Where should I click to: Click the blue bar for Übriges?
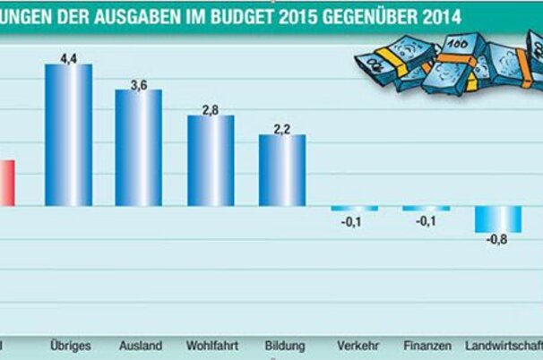[x=68, y=134]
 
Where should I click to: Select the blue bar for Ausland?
[x=139, y=148]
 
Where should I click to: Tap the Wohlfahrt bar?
[x=211, y=161]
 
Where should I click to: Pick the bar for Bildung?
[x=282, y=170]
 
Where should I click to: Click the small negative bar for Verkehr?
[x=354, y=209]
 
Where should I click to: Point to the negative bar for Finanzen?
[x=426, y=209]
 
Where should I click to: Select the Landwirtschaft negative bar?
[x=498, y=219]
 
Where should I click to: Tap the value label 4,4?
[x=69, y=57]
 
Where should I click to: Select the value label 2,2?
[x=282, y=128]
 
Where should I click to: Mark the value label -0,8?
[x=497, y=240]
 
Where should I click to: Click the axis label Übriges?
[x=68, y=345]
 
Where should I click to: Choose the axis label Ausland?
[x=139, y=345]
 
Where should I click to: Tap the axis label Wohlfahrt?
[x=211, y=345]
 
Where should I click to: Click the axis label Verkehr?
[x=356, y=345]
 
